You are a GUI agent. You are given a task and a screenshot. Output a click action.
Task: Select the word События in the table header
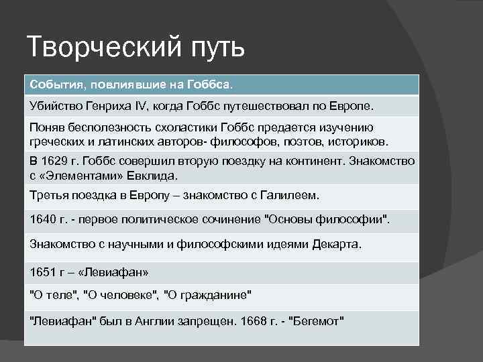(x=54, y=85)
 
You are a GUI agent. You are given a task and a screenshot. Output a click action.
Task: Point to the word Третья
(x=49, y=196)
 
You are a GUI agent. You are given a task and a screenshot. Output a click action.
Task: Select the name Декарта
(x=336, y=244)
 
